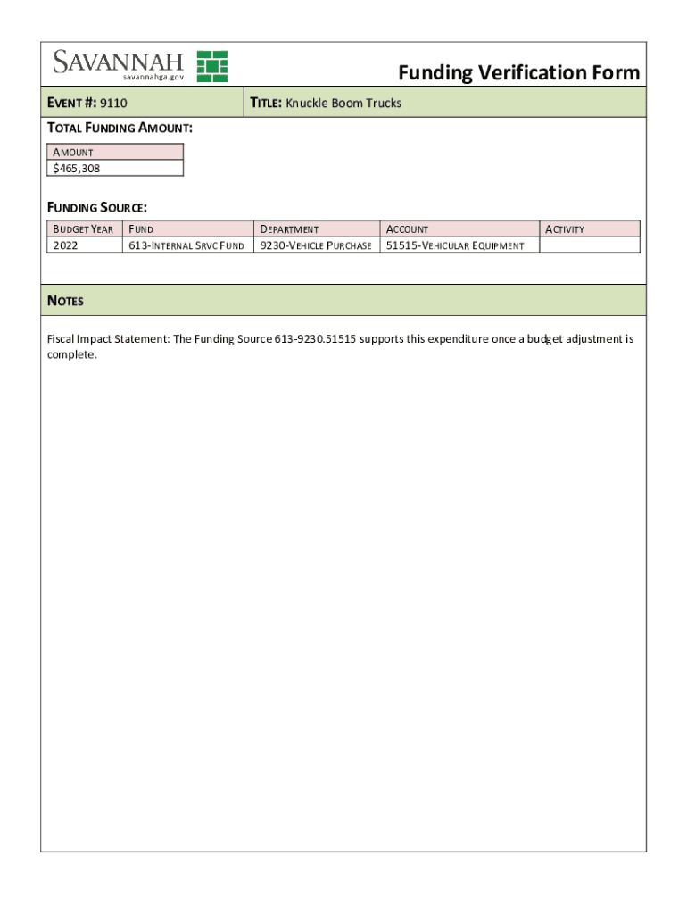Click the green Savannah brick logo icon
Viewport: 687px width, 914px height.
point(212,66)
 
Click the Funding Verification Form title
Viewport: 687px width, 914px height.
point(518,72)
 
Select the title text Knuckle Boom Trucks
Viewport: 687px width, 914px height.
point(343,104)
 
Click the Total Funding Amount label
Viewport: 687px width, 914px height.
point(120,129)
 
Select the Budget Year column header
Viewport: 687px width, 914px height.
point(83,229)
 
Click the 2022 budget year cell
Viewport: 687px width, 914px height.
point(66,245)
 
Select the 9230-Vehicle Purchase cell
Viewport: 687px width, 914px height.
point(315,245)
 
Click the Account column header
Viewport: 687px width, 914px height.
point(407,229)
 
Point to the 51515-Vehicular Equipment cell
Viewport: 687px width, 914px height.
point(454,245)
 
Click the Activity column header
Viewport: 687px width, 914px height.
point(565,229)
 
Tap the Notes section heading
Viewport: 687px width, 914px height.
point(65,301)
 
